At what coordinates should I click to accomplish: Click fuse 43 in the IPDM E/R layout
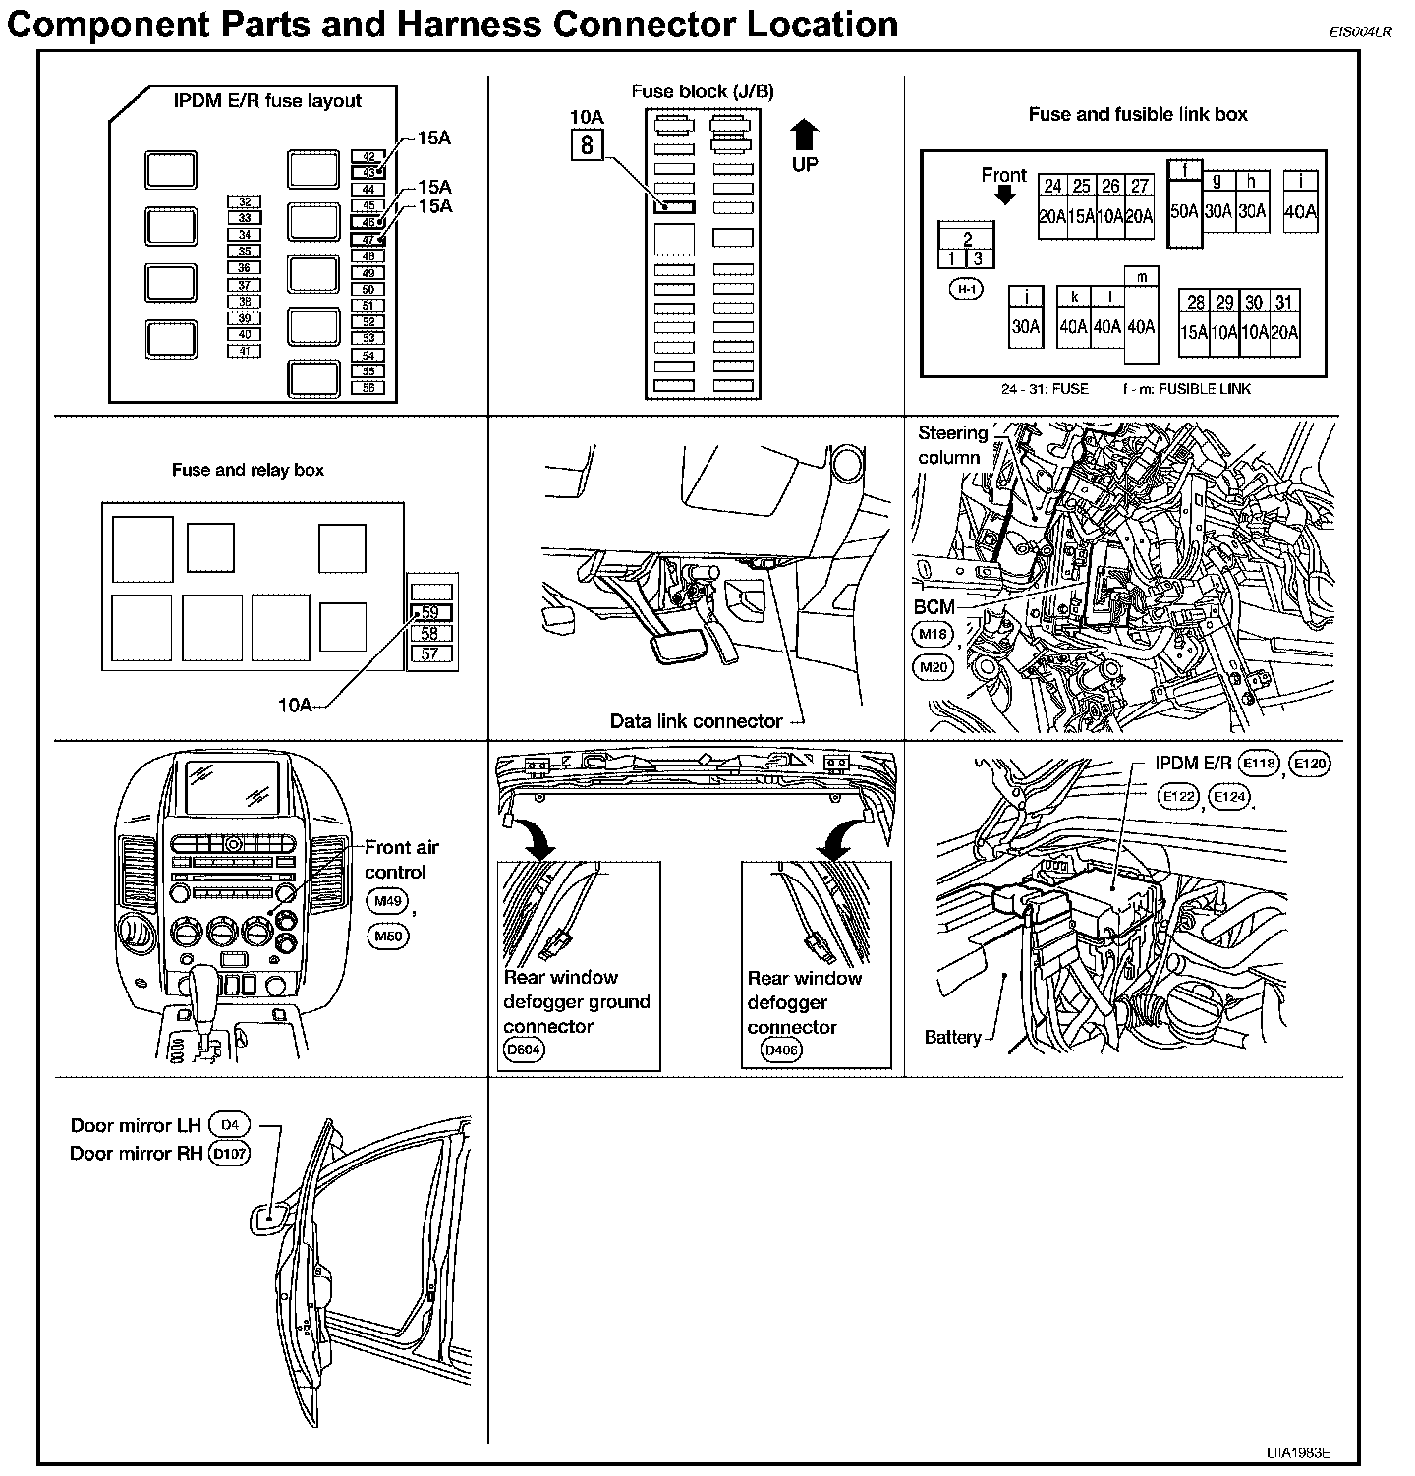368,172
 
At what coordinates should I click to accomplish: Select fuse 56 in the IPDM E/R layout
368,388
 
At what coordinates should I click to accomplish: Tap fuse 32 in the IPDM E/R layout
245,202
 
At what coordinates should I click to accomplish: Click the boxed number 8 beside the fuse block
587,145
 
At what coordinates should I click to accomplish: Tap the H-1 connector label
967,289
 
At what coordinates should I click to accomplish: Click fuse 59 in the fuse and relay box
430,612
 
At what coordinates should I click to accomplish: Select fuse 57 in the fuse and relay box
430,653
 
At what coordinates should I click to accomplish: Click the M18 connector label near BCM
933,635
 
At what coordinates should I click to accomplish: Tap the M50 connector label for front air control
388,937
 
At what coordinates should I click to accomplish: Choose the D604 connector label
523,1050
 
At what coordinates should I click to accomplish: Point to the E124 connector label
1228,797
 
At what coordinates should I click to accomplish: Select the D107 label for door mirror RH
230,1154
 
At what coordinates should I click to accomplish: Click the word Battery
952,1037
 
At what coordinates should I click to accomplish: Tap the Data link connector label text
696,721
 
